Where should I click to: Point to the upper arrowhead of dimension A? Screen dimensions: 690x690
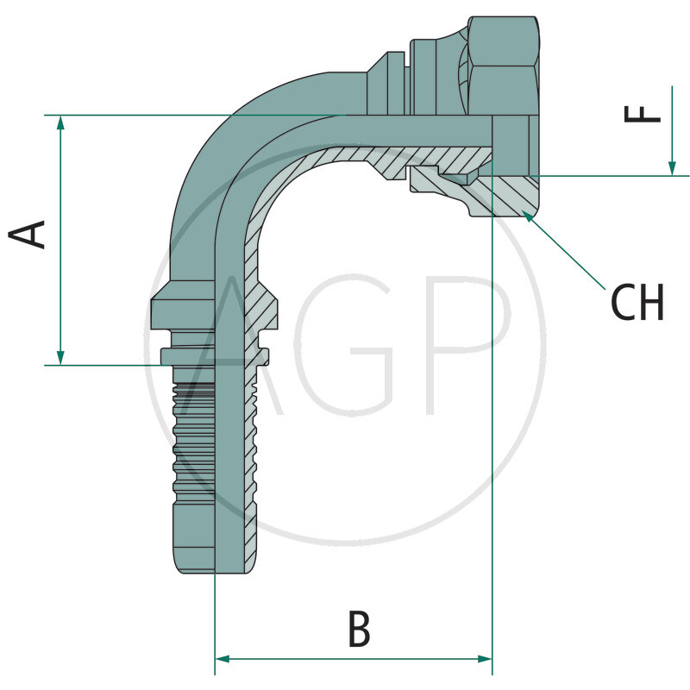60,123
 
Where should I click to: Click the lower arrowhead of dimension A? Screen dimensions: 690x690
60,356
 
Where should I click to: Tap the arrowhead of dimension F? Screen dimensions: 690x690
671,167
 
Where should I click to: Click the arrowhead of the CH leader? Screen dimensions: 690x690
527,216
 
